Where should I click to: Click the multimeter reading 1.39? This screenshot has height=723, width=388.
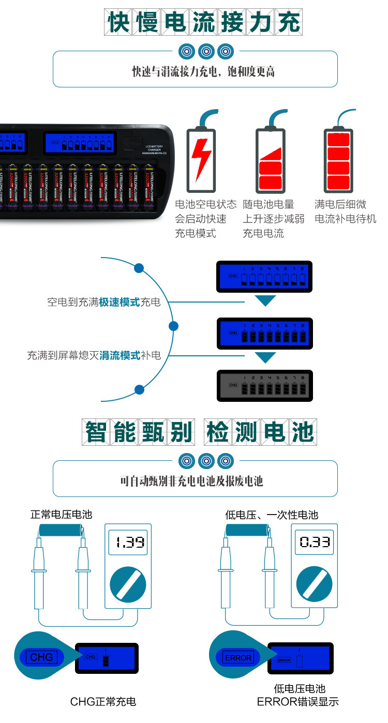(x=129, y=566)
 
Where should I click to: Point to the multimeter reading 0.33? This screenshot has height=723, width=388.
(x=315, y=566)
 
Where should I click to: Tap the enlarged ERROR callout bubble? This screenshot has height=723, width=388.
(x=237, y=657)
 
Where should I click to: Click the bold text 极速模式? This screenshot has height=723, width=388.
(x=120, y=302)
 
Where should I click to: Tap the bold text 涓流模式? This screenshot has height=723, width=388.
(x=120, y=356)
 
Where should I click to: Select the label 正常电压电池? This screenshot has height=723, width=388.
(x=61, y=515)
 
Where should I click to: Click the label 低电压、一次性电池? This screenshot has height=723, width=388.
(x=272, y=515)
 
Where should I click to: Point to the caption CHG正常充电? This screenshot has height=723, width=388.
(x=103, y=702)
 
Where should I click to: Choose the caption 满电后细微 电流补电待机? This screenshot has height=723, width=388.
(x=345, y=212)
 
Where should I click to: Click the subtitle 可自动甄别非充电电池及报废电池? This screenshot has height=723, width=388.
(x=191, y=481)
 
